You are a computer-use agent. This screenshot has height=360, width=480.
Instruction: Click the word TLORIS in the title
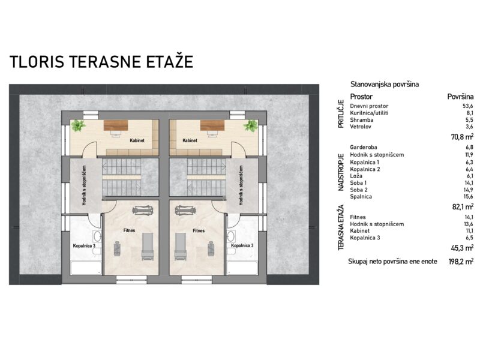(37, 62)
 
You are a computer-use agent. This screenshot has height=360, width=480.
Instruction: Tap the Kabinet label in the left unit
(137, 140)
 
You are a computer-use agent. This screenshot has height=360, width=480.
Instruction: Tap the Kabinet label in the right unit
(190, 140)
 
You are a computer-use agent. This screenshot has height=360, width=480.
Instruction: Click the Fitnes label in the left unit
(129, 230)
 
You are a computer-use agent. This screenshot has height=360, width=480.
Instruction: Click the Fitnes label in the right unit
(199, 230)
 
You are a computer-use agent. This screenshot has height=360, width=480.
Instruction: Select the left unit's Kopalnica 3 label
(84, 245)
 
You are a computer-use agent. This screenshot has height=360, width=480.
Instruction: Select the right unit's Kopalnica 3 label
(242, 245)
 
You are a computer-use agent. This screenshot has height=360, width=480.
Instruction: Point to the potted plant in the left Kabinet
(78, 125)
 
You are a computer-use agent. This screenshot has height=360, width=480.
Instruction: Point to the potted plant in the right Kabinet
(251, 125)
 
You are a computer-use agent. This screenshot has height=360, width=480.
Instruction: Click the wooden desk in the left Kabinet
(116, 125)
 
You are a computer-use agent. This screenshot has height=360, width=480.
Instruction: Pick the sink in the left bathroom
(97, 236)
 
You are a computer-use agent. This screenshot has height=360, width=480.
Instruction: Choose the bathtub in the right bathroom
(242, 268)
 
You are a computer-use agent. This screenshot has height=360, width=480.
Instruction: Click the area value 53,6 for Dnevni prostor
(468, 106)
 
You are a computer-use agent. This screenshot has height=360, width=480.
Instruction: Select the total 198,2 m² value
(461, 262)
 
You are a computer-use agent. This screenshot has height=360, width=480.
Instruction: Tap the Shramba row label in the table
(362, 119)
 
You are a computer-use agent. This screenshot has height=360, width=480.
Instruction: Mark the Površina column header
(460, 97)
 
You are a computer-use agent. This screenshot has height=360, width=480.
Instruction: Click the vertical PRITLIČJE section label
(341, 114)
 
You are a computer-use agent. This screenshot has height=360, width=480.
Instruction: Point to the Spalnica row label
(361, 197)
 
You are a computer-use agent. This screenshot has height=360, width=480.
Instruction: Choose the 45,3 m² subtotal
(462, 248)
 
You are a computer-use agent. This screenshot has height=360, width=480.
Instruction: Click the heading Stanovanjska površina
(385, 84)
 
